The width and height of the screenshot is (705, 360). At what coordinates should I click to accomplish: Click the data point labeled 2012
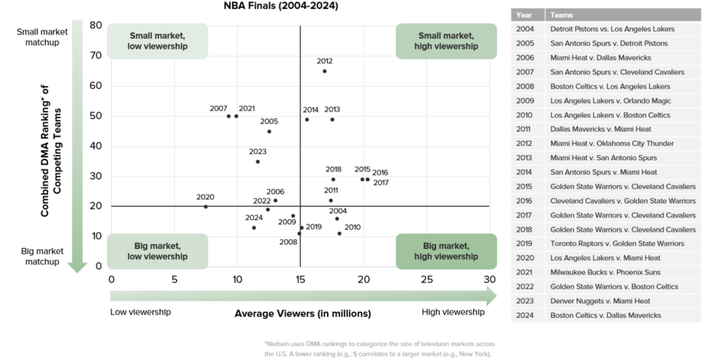pos(324,71)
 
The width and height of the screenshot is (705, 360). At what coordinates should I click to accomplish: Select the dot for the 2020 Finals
pos(205,207)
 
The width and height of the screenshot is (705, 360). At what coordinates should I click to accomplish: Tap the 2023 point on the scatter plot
pos(257,162)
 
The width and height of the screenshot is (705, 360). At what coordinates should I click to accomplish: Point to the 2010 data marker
pos(339,233)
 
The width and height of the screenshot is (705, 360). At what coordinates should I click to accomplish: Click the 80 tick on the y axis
pos(96,25)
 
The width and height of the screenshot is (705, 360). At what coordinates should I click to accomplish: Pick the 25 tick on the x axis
pos(426,279)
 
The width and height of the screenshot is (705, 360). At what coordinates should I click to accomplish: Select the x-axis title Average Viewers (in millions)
pos(303,313)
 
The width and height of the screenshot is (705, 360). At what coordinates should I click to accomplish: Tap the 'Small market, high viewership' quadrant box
pos(446,41)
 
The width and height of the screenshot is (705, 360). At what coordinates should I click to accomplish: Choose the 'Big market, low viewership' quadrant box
pos(157,251)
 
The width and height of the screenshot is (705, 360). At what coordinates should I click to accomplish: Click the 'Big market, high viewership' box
pos(446,251)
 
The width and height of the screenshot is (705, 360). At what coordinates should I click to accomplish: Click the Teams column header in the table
pos(562,14)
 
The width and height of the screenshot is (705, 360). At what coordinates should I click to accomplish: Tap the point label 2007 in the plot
pos(218,109)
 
